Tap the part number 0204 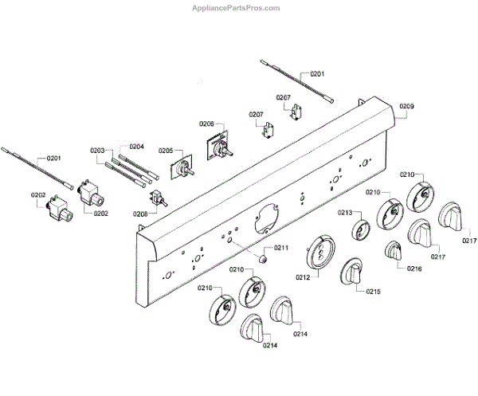pyautogui.click(x=136, y=147)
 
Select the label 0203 pyautogui.click(x=97, y=151)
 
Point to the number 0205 pyautogui.click(x=166, y=151)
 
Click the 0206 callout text pyautogui.click(x=206, y=124)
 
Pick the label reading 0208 pyautogui.click(x=140, y=214)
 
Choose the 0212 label pyautogui.click(x=302, y=277)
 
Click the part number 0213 pyautogui.click(x=344, y=213)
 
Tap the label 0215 pyautogui.click(x=374, y=292)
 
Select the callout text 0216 pyautogui.click(x=414, y=269)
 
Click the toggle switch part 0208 pyautogui.click(x=158, y=200)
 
